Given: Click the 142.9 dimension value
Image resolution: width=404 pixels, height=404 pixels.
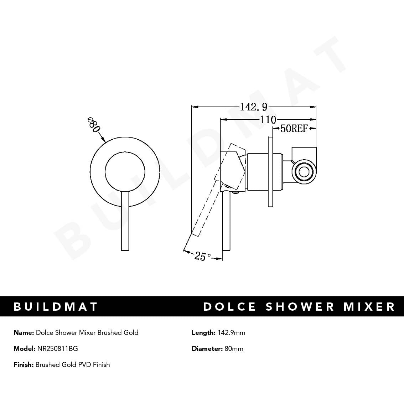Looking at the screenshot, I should (x=253, y=107).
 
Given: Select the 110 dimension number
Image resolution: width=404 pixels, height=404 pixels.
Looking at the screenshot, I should (x=268, y=120).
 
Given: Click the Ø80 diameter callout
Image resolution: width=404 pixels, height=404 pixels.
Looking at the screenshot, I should (x=93, y=125).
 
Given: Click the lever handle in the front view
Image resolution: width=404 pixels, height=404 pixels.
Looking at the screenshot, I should (x=125, y=221).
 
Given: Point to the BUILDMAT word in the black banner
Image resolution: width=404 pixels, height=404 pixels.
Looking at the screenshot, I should (x=56, y=307).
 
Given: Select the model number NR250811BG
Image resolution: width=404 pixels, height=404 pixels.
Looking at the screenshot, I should (x=57, y=349).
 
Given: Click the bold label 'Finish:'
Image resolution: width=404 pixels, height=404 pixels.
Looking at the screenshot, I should (x=24, y=365).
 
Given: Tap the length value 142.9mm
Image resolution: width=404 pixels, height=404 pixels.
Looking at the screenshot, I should (x=231, y=333).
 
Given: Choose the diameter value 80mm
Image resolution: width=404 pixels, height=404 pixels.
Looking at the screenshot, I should (x=234, y=349).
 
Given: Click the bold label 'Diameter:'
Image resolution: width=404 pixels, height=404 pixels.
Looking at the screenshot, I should (x=207, y=349).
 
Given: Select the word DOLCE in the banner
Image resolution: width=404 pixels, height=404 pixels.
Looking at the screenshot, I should (x=229, y=307).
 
